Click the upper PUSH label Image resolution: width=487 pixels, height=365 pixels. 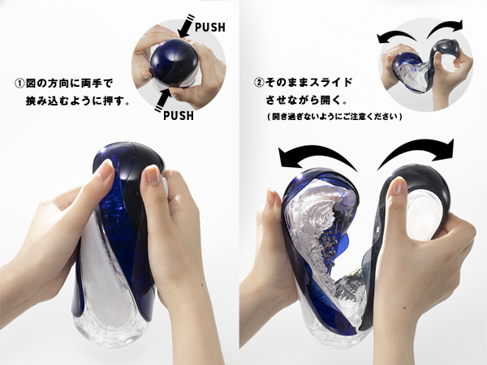[210, 28]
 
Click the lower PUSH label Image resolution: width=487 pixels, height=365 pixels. [179, 116]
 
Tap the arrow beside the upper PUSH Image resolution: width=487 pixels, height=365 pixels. [185, 26]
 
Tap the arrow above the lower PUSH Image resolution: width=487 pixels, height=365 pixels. [163, 99]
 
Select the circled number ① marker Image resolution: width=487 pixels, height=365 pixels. [19, 84]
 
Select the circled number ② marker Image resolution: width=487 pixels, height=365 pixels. [259, 83]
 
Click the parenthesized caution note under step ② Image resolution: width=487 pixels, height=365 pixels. [334, 117]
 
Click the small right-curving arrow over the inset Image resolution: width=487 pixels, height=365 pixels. [445, 27]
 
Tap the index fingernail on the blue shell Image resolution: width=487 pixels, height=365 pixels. [105, 170]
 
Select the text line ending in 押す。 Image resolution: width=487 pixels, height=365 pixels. [77, 101]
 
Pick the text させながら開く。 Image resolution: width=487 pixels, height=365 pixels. [306, 101]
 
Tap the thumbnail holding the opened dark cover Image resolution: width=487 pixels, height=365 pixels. [398, 186]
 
